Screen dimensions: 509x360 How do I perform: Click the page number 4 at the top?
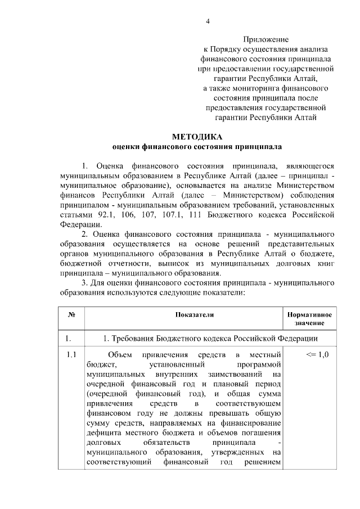(x=208, y=22)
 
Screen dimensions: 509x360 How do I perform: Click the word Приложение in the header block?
(x=266, y=39)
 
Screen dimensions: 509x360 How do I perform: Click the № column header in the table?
(x=71, y=315)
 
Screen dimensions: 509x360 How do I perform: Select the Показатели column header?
(x=195, y=315)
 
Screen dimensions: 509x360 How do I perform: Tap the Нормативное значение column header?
(x=309, y=319)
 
